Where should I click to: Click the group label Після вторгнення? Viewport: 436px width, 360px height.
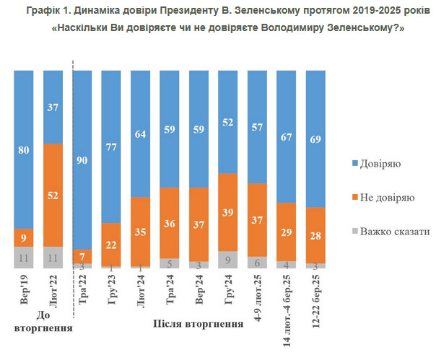(x=197, y=322)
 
